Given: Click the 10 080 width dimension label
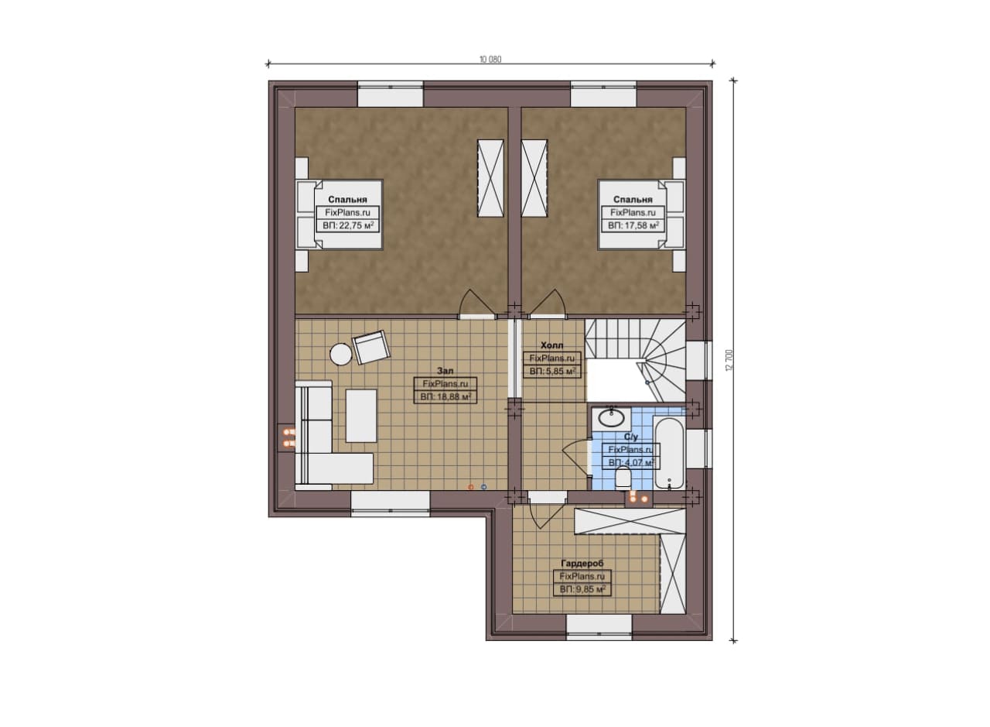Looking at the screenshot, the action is pos(490,60).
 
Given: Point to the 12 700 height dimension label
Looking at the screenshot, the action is pos(729,360).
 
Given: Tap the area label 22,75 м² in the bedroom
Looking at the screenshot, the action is pos(348,225).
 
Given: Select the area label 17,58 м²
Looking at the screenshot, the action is pos(633,225).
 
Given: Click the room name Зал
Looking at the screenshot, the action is pos(445,371).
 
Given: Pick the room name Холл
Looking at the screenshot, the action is pos(552,345).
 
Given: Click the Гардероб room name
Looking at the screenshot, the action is pos(582,564).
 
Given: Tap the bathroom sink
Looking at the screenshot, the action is pos(611,417).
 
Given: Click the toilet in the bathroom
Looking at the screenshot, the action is pos(624,477).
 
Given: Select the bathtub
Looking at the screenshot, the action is pos(669,453).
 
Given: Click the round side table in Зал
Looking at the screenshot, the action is pos(341,355).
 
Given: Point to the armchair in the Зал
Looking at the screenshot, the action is pos(371,347).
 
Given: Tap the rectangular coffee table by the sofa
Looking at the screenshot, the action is pos(361,416).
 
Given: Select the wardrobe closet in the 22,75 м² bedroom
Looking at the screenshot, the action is pos(490,178).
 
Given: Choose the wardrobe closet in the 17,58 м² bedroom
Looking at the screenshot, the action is pos(534,178).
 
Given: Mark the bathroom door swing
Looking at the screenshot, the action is pos(577,458).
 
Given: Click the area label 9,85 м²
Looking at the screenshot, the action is pos(582,589).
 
